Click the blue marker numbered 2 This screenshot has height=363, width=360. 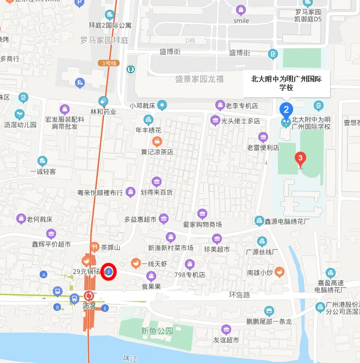287,109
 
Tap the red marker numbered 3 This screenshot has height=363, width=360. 299,159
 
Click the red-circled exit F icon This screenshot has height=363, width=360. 108,271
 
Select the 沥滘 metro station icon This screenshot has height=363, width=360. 89,297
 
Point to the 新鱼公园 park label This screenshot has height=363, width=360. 157,330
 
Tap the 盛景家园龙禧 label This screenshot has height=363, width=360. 199,78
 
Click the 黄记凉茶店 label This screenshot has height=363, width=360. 157,152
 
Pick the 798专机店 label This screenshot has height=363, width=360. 190,275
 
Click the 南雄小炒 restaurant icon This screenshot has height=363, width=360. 279,271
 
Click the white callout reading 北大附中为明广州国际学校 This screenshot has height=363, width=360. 286,83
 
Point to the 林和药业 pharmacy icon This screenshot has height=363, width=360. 103,101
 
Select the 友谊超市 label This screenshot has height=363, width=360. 226,340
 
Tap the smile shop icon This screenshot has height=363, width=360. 241,9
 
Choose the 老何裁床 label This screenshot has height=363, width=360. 39,220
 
